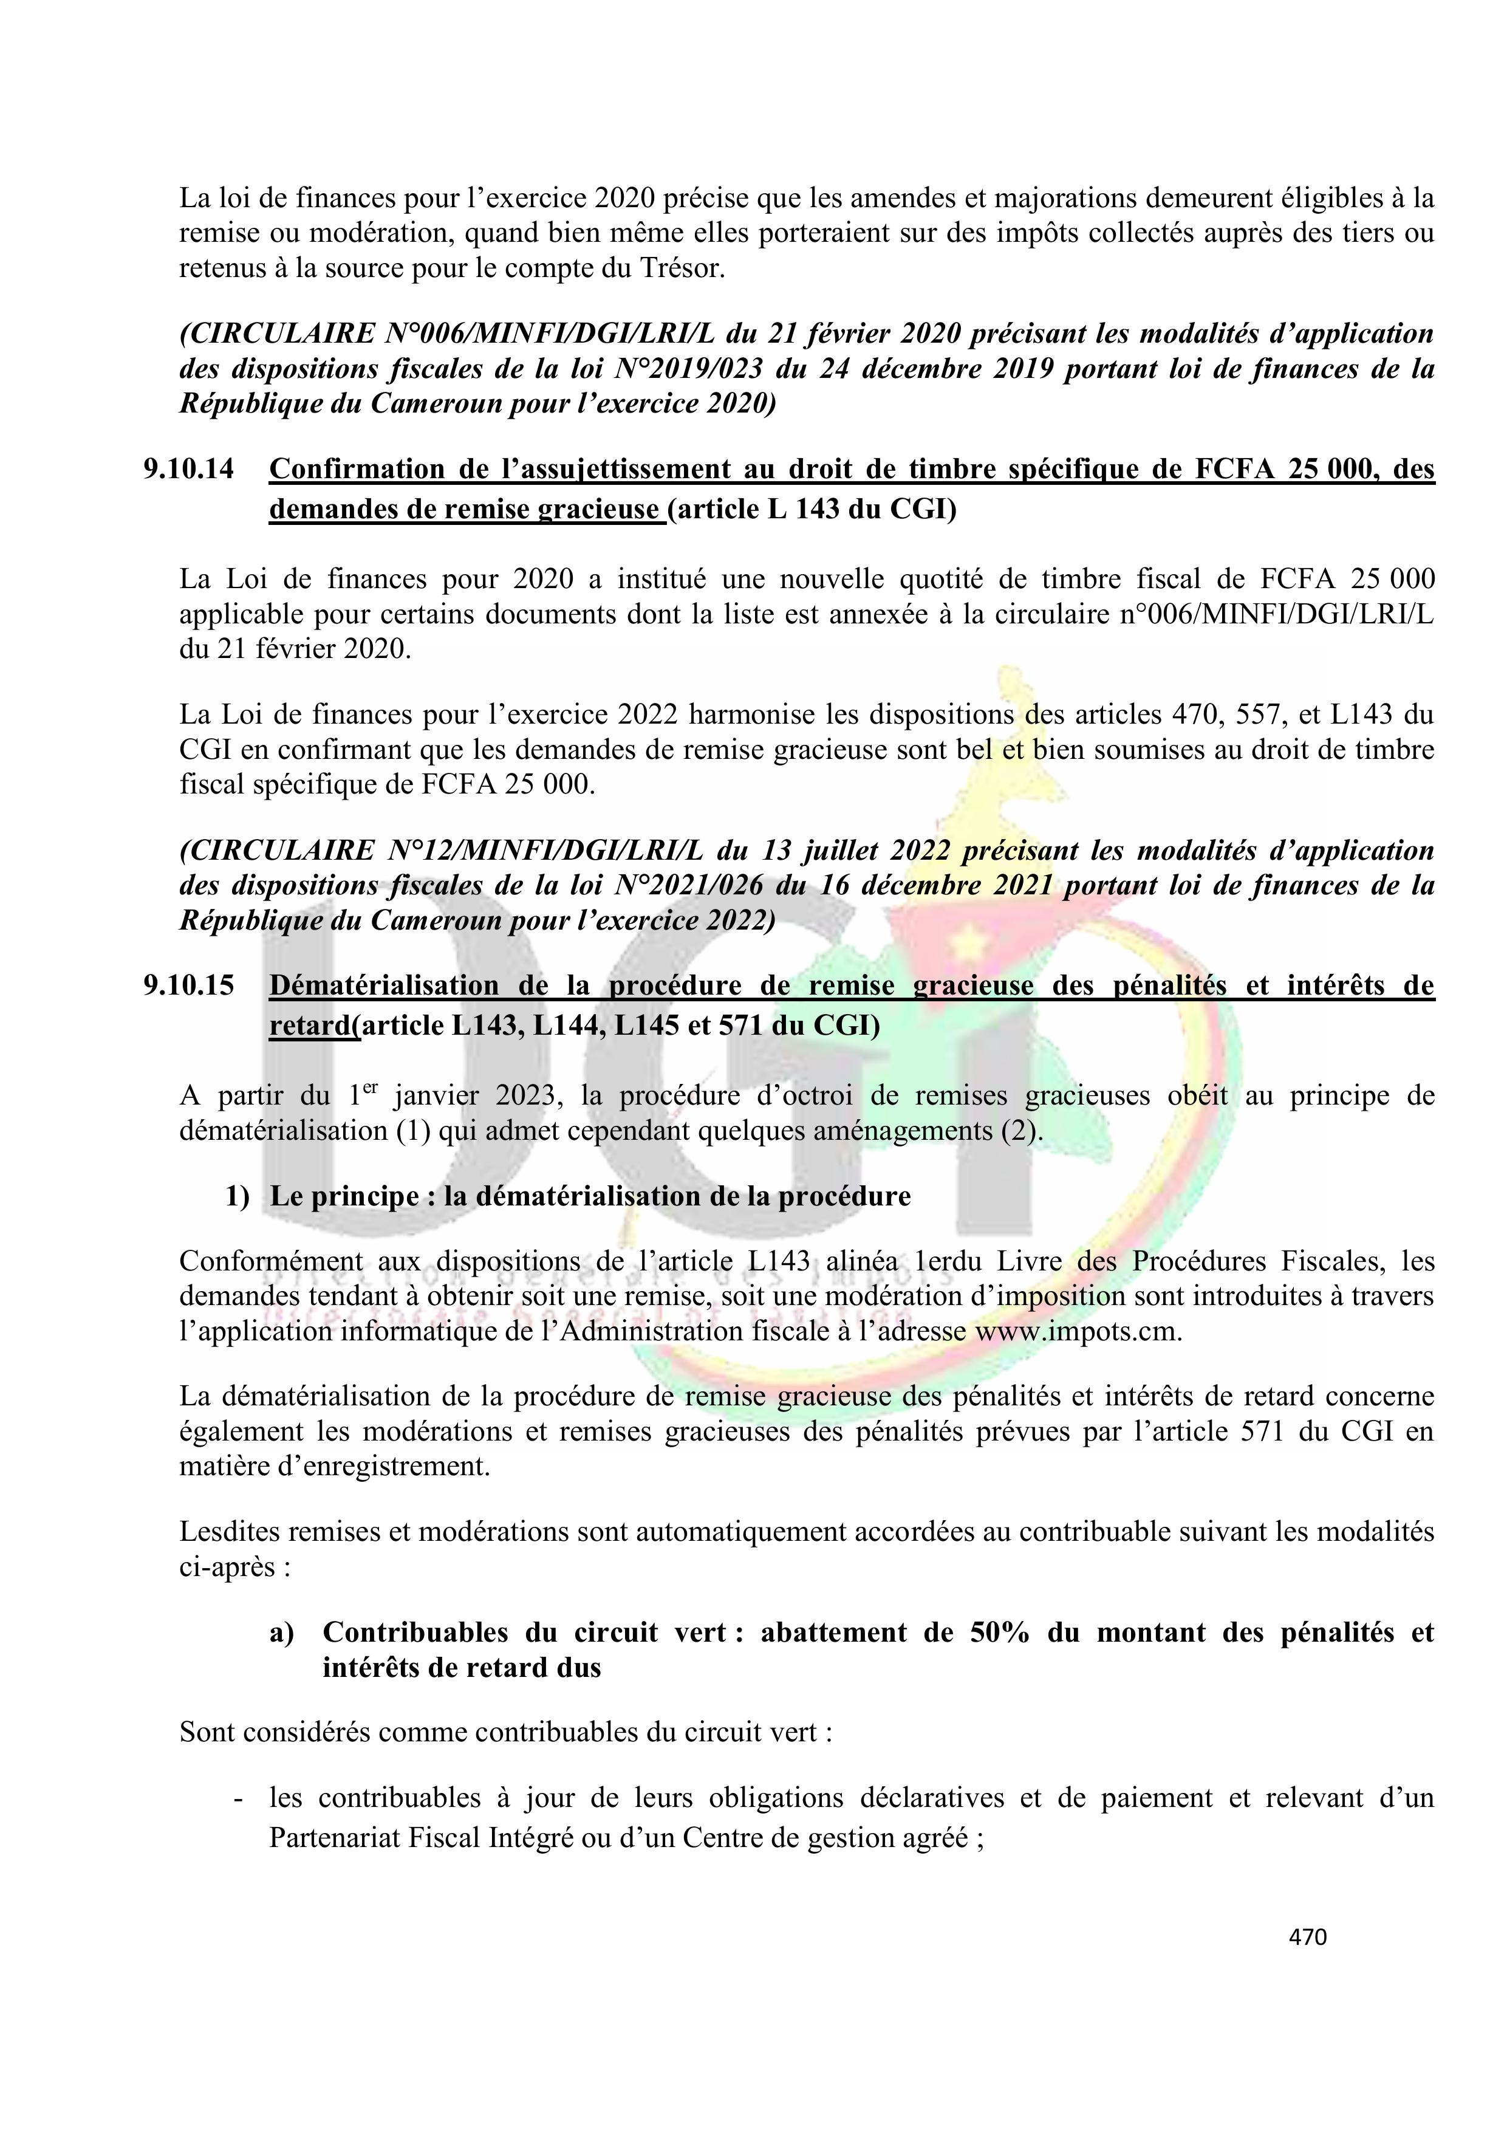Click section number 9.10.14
point(188,470)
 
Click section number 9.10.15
point(188,986)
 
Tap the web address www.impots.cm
point(1076,1332)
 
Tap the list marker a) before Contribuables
point(281,1633)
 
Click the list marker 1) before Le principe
point(237,1196)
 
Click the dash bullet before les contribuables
point(239,1798)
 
